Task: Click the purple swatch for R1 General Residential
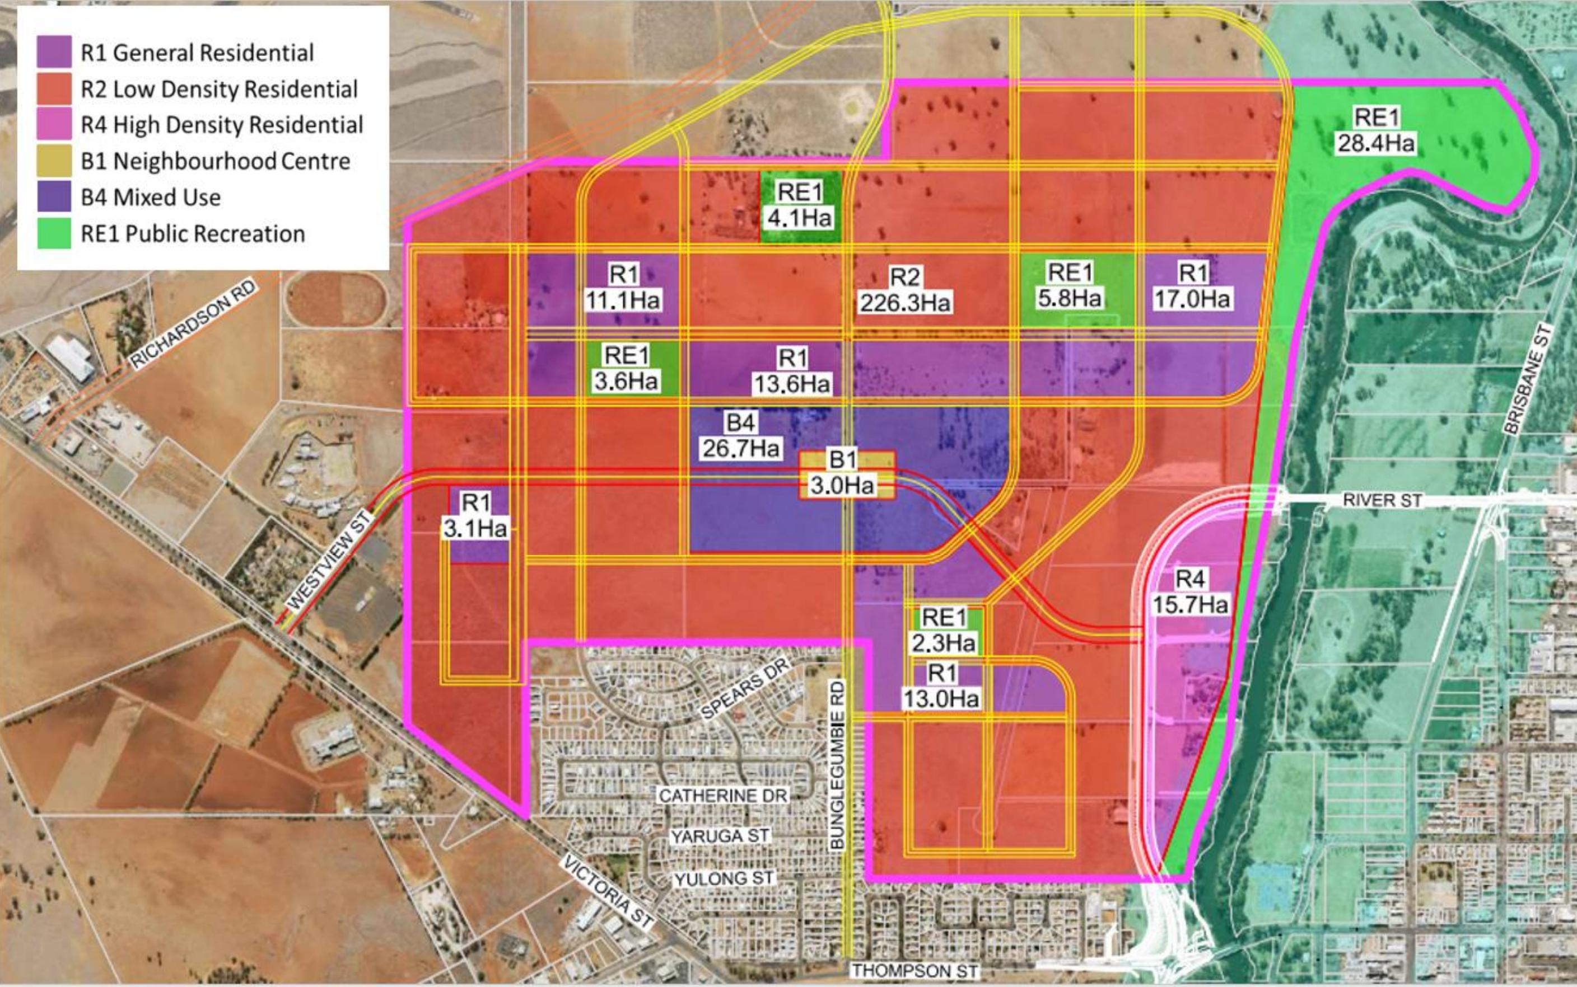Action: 54,52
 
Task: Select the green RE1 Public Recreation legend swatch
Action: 54,233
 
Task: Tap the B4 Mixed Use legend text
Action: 150,197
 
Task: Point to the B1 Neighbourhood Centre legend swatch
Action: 54,161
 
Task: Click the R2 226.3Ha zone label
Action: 905,290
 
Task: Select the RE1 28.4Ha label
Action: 1376,130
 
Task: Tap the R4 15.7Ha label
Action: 1189,591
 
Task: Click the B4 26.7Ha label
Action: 741,435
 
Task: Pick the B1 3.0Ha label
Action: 842,473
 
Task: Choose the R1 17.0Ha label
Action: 1192,286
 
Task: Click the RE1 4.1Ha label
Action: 800,205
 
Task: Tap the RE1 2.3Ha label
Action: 943,630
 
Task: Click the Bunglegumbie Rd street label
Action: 837,764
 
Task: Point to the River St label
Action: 1382,501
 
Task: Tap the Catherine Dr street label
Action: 723,796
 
